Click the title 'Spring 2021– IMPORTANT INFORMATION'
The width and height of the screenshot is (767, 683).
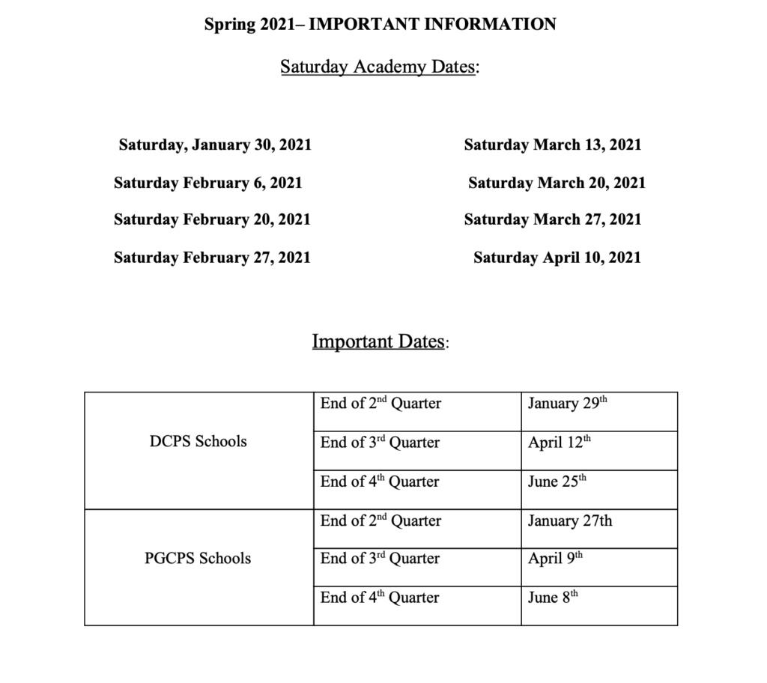[380, 24]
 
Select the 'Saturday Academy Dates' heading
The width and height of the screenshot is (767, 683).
[380, 67]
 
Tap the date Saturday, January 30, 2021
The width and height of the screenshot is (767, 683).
[215, 145]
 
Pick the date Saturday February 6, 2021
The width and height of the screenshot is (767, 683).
[208, 182]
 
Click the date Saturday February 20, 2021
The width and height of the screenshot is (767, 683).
[212, 219]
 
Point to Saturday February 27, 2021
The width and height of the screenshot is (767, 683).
[212, 258]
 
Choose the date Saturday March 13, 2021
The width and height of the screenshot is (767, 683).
[553, 145]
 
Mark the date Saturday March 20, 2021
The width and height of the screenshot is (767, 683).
[557, 182]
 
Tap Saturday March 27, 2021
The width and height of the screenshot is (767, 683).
[553, 219]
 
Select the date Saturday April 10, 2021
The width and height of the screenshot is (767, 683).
[557, 258]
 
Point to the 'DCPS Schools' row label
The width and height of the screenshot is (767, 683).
[198, 441]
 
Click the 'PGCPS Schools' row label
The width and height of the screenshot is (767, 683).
[198, 558]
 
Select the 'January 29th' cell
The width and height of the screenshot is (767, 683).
[567, 404]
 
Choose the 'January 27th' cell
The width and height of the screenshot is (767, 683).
[569, 520]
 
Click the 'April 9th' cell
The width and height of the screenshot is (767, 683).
[555, 559]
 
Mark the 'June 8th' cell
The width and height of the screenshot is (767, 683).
[553, 598]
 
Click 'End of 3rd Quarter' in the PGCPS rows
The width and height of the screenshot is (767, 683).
[380, 559]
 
